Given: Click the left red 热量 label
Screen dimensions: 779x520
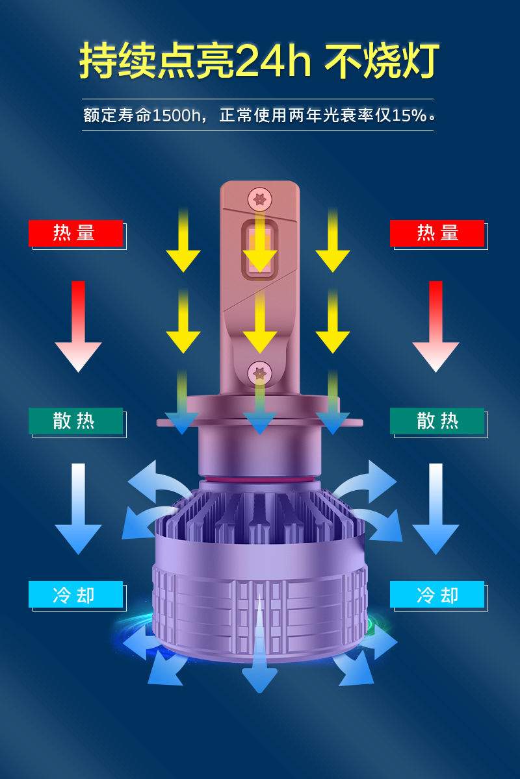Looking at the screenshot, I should point(75,233).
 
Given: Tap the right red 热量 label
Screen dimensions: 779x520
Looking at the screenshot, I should point(437,233).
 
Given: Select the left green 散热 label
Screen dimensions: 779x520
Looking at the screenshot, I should point(75,421).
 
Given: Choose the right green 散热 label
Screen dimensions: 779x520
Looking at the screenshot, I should point(437,421).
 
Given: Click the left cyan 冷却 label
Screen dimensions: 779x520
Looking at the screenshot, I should point(75,594).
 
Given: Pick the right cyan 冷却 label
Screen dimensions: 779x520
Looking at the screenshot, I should point(437,594).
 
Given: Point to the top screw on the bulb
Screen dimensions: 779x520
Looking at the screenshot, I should point(259,198).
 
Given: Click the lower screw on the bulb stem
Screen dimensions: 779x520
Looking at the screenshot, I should point(259,373).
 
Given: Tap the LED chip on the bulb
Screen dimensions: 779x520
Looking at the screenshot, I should point(259,251).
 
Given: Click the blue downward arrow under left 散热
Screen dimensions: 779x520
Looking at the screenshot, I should point(78,510).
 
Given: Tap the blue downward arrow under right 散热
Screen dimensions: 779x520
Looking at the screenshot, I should point(435,510).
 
